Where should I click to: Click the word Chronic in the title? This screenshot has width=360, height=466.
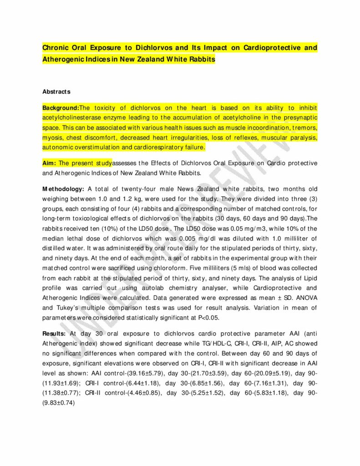coord(55,47)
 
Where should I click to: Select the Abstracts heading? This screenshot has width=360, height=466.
coord(56,91)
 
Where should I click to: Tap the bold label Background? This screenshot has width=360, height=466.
coord(61,108)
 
